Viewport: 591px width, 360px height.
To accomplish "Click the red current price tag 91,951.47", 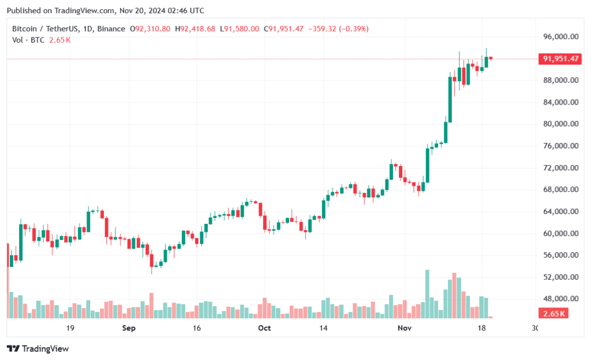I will [x=559, y=59].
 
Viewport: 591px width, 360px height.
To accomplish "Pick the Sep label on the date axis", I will [x=129, y=328].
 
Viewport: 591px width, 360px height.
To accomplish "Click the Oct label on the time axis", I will [x=264, y=328].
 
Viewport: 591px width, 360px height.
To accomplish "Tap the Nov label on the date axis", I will [x=405, y=328].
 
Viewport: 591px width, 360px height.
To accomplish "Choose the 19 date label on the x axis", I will [x=70, y=328].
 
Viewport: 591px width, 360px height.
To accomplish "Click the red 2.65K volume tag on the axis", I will [x=554, y=313].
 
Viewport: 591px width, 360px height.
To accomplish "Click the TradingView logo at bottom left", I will [x=38, y=348].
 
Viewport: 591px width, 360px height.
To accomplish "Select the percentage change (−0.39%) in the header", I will [x=349, y=29].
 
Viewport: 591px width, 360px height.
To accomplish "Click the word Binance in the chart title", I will [x=111, y=29].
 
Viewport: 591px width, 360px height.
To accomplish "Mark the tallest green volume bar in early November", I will [x=427, y=294].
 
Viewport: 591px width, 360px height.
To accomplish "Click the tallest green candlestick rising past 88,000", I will [x=450, y=99].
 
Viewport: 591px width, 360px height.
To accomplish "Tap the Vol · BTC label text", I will [x=28, y=39].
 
